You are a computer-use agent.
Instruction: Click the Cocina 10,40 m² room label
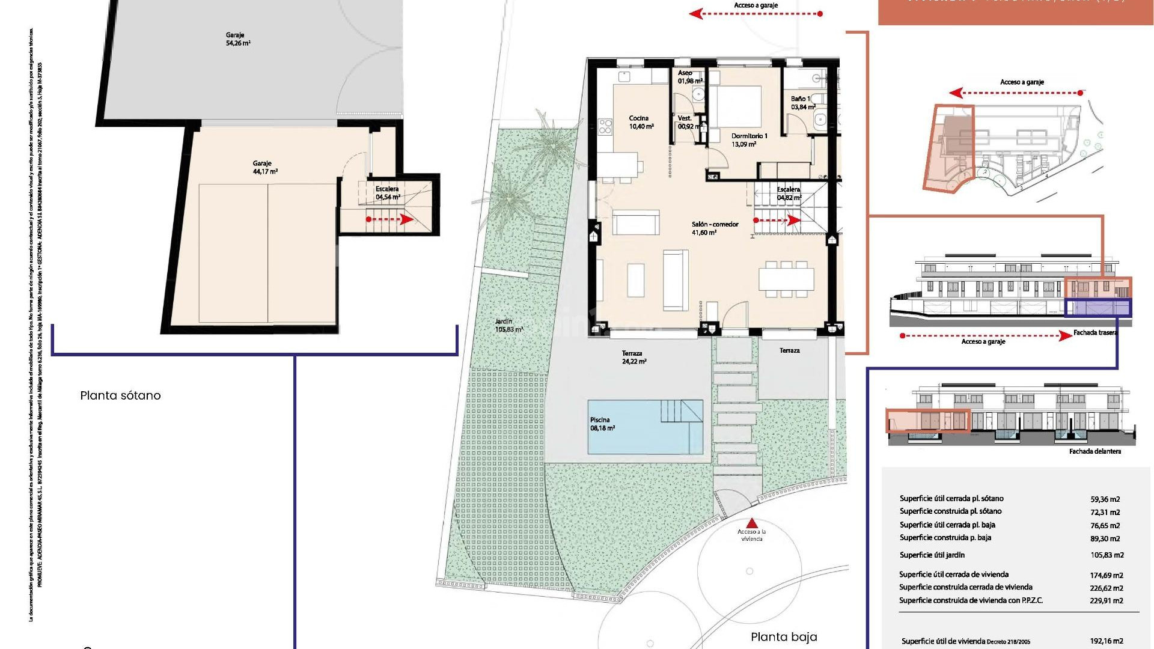pos(641,122)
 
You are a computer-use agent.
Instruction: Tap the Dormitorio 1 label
pos(749,140)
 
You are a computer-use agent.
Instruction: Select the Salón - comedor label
pos(715,228)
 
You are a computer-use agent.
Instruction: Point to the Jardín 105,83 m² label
pos(508,325)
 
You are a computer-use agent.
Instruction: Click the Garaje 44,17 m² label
pos(264,167)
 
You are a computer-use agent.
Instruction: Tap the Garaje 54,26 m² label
pos(238,39)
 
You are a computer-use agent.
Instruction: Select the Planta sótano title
pos(120,395)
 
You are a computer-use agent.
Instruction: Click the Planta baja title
pos(784,637)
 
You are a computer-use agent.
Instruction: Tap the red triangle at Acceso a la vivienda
pos(752,523)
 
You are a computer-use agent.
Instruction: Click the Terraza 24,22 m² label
pos(633,358)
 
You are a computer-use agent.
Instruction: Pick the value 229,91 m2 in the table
pos(1107,600)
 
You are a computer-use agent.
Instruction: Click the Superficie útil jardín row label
pos(932,555)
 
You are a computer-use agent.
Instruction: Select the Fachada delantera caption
pos(1094,451)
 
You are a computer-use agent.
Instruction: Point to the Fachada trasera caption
pos(1095,332)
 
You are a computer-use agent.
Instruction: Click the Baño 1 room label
pos(802,103)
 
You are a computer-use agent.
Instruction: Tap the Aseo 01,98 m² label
pos(689,77)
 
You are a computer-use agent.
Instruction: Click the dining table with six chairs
pos(786,279)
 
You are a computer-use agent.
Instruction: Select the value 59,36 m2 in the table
pos(1105,499)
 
